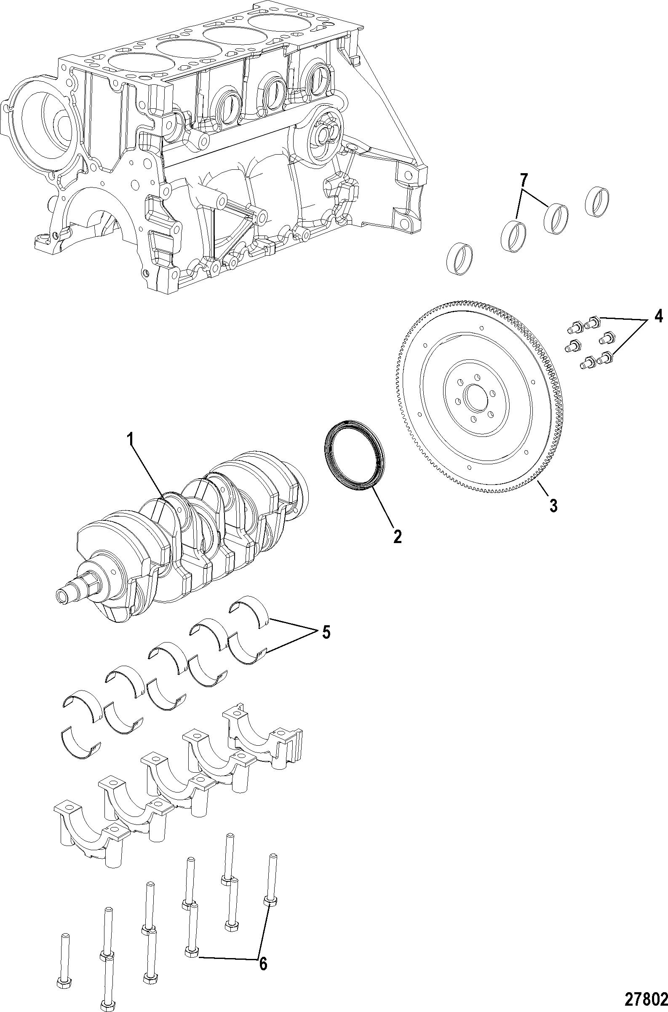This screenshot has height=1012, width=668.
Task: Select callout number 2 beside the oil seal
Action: click(x=397, y=536)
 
